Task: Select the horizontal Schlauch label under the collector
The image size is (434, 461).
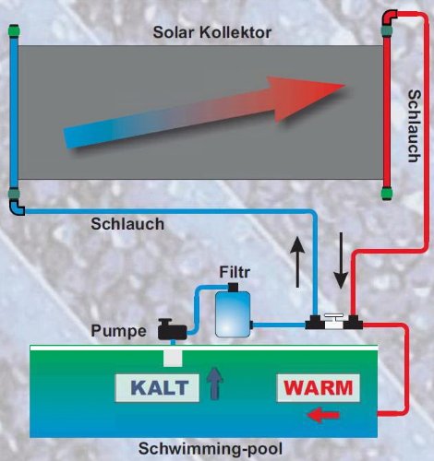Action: click(128, 223)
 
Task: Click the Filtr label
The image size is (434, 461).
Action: click(235, 272)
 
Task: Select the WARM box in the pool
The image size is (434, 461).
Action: click(317, 387)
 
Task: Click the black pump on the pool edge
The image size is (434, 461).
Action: click(172, 326)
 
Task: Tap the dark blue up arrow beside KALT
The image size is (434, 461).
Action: click(214, 382)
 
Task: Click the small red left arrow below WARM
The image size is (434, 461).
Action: click(322, 417)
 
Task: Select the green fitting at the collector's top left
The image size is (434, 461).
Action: click(14, 32)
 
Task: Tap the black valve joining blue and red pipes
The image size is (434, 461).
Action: click(335, 322)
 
